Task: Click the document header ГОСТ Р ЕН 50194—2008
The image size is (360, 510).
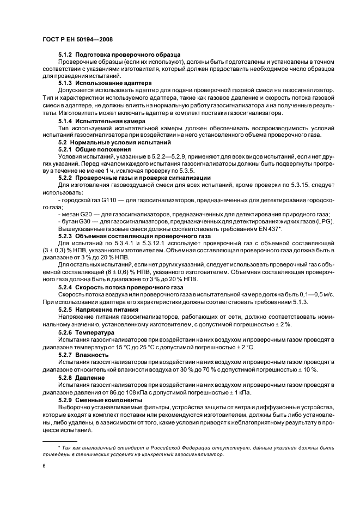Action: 78,40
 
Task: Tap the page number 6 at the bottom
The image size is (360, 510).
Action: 44,467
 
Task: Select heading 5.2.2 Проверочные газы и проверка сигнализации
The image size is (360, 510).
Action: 134,178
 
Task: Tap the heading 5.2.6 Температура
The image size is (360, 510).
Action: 86,332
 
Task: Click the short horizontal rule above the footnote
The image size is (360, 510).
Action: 60,441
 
